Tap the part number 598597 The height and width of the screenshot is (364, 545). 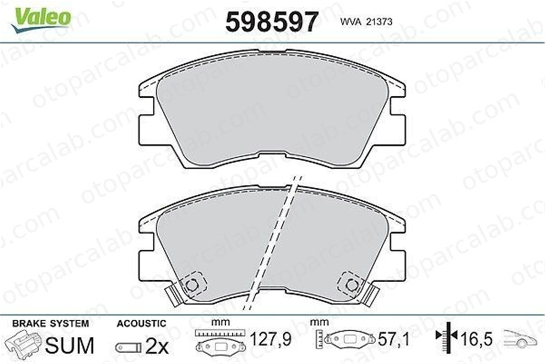(x=272, y=22)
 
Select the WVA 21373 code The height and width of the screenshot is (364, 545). (x=366, y=22)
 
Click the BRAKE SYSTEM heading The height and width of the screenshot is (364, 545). (x=51, y=324)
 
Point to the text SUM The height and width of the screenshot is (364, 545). (x=69, y=345)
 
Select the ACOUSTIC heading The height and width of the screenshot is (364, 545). (x=141, y=324)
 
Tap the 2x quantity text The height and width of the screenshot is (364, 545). (x=157, y=347)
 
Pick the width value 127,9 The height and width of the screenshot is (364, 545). (x=271, y=339)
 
